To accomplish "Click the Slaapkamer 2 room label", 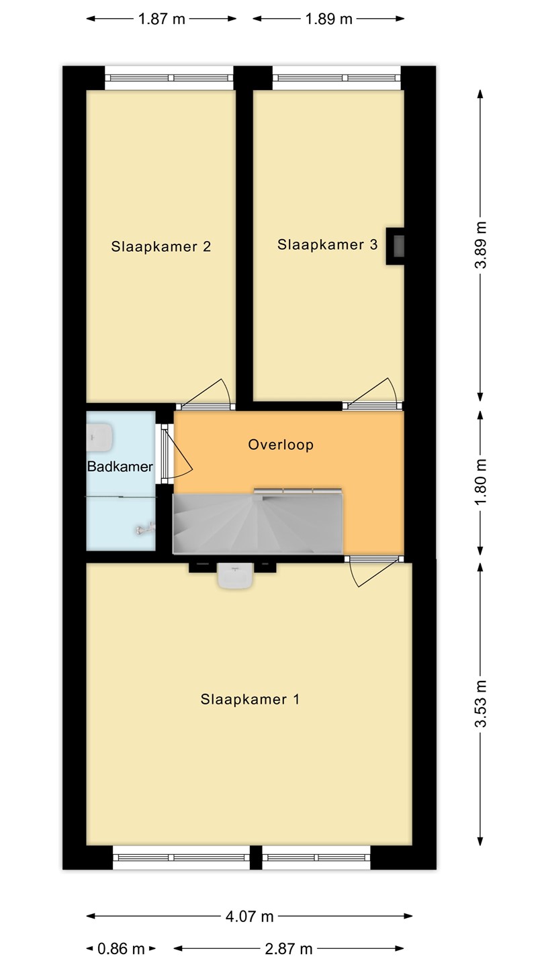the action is pyautogui.click(x=161, y=246).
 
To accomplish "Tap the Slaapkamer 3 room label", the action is pyautogui.click(x=327, y=244).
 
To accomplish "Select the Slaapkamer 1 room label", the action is pyautogui.click(x=250, y=699).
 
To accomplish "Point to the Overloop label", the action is pyautogui.click(x=281, y=445).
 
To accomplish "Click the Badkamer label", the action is pyautogui.click(x=120, y=466).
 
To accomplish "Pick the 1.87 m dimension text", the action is pyautogui.click(x=161, y=19).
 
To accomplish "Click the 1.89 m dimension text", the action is pyautogui.click(x=329, y=19).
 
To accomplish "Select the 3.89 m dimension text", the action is pyautogui.click(x=481, y=244).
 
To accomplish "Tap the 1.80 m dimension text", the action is pyautogui.click(x=481, y=481).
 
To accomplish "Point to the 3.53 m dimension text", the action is pyautogui.click(x=481, y=704).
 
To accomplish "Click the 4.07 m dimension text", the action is pyautogui.click(x=250, y=916).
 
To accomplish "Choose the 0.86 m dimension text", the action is pyautogui.click(x=121, y=949).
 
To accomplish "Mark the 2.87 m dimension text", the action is pyautogui.click(x=288, y=949).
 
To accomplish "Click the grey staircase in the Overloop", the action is pyautogui.click(x=258, y=524).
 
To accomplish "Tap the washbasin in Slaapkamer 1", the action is pyautogui.click(x=235, y=575).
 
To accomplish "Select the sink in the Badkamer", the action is pyautogui.click(x=100, y=438).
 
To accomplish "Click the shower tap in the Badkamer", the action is pyautogui.click(x=145, y=528).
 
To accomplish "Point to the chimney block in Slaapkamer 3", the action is pyautogui.click(x=395, y=246).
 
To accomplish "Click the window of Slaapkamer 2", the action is pyautogui.click(x=169, y=78).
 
